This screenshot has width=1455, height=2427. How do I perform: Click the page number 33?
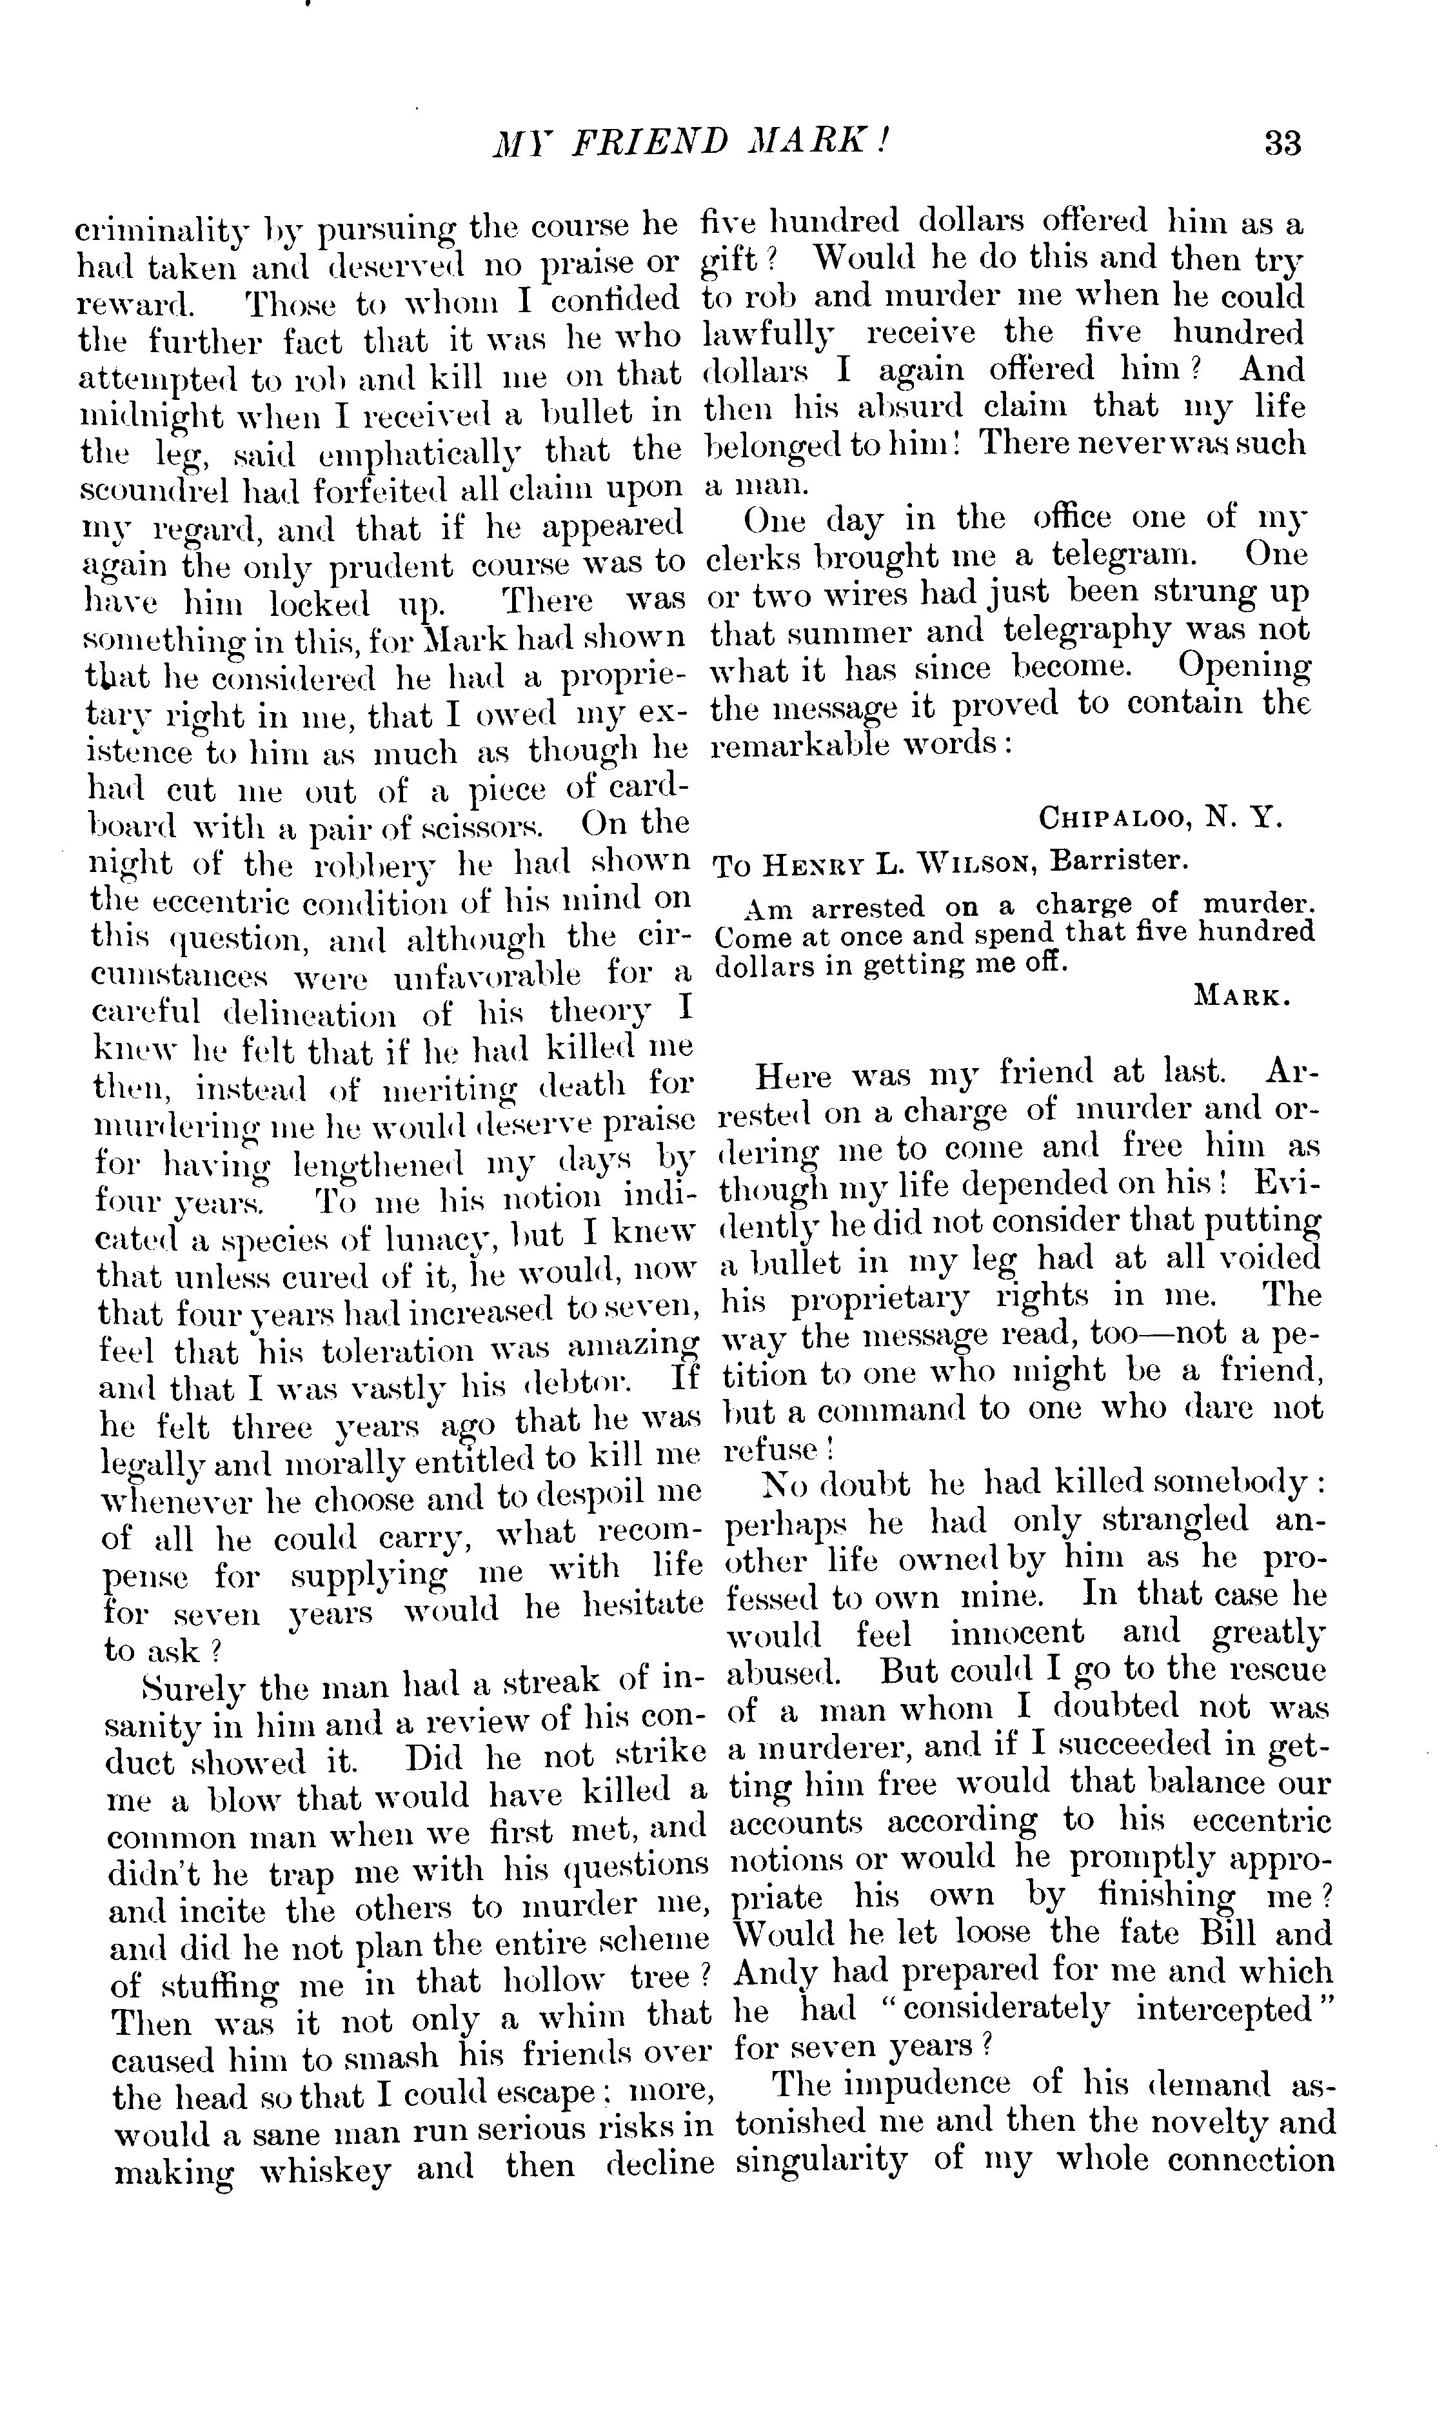click(x=1282, y=143)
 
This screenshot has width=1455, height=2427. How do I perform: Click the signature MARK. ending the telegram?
click(x=1242, y=997)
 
